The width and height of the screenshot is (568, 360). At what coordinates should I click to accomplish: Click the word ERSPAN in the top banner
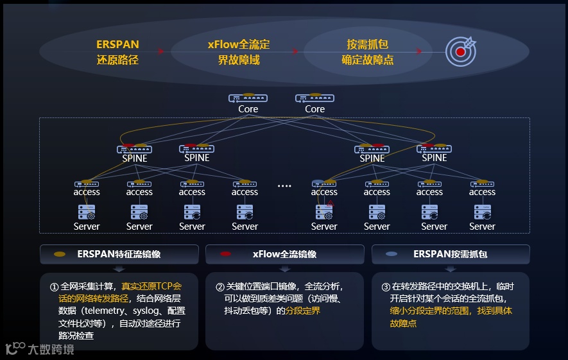[x=117, y=45]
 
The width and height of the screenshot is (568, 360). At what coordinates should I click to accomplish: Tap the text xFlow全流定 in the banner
[x=238, y=45]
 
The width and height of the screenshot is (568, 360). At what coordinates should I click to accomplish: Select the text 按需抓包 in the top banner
[x=367, y=45]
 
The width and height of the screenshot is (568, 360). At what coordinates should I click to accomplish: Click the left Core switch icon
[x=248, y=99]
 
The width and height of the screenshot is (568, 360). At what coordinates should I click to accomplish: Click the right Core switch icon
[x=314, y=99]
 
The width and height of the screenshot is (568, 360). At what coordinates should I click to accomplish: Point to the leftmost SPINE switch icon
[x=134, y=149]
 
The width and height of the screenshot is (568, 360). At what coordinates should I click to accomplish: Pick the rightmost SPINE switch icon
[x=434, y=149]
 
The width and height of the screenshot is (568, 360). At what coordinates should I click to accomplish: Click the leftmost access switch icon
[x=87, y=184]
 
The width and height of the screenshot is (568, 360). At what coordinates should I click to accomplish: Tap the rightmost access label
[x=482, y=192]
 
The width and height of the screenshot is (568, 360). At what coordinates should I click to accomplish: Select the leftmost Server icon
[x=87, y=212]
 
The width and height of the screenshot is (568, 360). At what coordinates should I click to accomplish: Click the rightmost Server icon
[x=482, y=212]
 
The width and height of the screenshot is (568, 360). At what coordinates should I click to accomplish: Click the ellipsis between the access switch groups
[x=284, y=186]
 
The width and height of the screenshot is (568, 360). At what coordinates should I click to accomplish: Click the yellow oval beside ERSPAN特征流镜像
[x=60, y=254]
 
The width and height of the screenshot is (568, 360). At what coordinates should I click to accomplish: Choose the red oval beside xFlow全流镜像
[x=225, y=254]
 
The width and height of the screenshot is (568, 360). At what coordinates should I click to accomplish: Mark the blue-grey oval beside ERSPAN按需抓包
[x=391, y=254]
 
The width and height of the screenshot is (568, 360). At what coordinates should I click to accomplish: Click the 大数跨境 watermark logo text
[x=51, y=350]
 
